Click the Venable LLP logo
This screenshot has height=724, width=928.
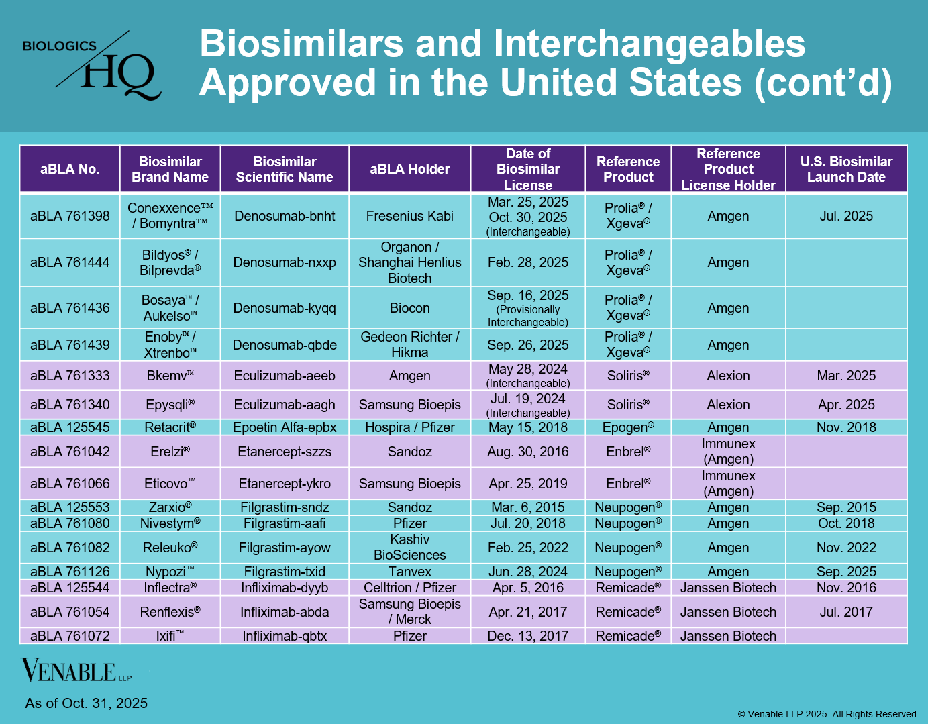(76, 670)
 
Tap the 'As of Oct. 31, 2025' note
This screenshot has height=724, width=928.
(87, 703)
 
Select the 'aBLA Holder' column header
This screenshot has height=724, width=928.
(409, 169)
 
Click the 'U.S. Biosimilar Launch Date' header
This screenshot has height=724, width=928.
(846, 169)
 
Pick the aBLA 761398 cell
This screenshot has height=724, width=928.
(70, 216)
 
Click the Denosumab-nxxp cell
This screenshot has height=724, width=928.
(285, 262)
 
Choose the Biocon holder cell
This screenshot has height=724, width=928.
(409, 308)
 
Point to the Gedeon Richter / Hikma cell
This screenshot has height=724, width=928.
(409, 345)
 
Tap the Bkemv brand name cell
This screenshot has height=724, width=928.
(170, 376)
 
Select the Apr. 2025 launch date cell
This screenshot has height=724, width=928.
(846, 405)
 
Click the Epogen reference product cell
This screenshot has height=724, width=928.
(628, 427)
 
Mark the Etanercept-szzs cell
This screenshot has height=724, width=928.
(285, 452)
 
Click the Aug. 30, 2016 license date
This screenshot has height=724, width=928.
(527, 452)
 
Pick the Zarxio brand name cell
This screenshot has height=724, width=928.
(170, 507)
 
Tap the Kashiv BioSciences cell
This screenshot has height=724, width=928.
(409, 548)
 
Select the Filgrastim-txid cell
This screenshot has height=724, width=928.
(285, 572)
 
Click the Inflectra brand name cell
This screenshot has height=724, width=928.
(170, 588)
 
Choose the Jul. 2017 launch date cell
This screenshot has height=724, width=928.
(846, 612)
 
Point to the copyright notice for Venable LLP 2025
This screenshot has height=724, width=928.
(828, 714)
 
